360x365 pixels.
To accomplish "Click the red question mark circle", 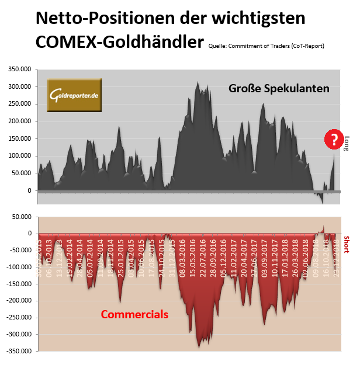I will click(334, 139).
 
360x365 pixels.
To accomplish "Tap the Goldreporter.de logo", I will click(74, 95).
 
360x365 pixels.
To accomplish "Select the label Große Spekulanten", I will click(279, 89).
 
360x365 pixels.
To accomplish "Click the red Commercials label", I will click(134, 314).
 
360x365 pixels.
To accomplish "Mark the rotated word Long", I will click(347, 144).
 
